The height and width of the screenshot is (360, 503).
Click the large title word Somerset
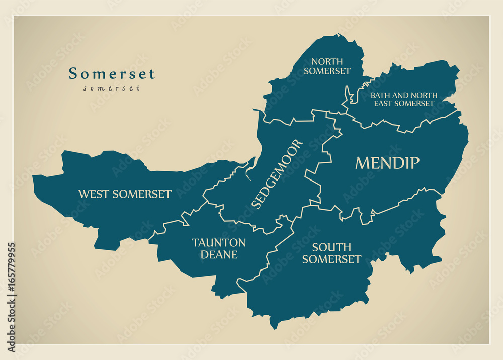tap(112, 74)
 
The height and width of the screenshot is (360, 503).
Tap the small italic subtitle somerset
tap(112, 88)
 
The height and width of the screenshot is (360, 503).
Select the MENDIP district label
tap(387, 162)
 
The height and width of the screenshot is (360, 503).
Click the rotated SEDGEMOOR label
tap(278, 173)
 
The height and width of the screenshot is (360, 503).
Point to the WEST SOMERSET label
tap(125, 194)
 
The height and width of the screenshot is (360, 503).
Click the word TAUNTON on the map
tap(219, 243)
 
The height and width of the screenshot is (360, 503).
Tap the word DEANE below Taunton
tap(219, 255)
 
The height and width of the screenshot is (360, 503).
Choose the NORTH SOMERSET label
tap(327, 66)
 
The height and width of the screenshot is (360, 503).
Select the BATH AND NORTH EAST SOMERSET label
tap(403, 99)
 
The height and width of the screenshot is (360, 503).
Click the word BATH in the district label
tap(380, 95)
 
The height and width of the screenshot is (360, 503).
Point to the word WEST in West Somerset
tap(94, 194)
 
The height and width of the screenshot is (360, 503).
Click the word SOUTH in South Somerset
tap(331, 247)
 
